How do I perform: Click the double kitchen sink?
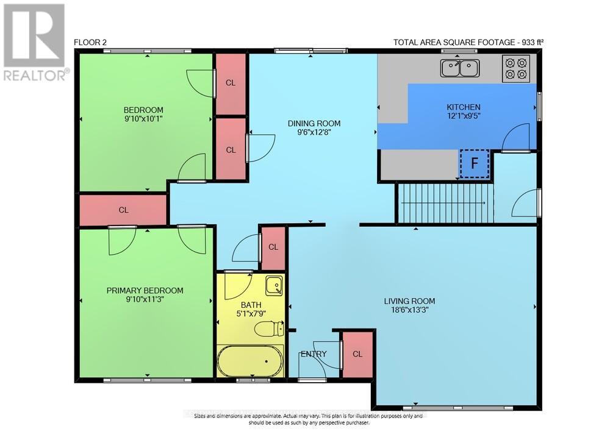[461, 68]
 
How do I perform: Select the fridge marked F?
[474, 163]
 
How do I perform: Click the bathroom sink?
[274, 285]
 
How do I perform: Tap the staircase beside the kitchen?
[444, 203]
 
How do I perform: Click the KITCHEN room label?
[464, 107]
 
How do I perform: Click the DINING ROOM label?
[314, 124]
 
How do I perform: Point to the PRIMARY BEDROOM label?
[145, 291]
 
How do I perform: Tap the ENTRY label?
[314, 354]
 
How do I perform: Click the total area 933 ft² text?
[468, 43]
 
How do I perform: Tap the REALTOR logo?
[34, 43]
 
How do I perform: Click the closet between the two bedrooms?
[124, 210]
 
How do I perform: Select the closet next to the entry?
[357, 354]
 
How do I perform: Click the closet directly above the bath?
[273, 247]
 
